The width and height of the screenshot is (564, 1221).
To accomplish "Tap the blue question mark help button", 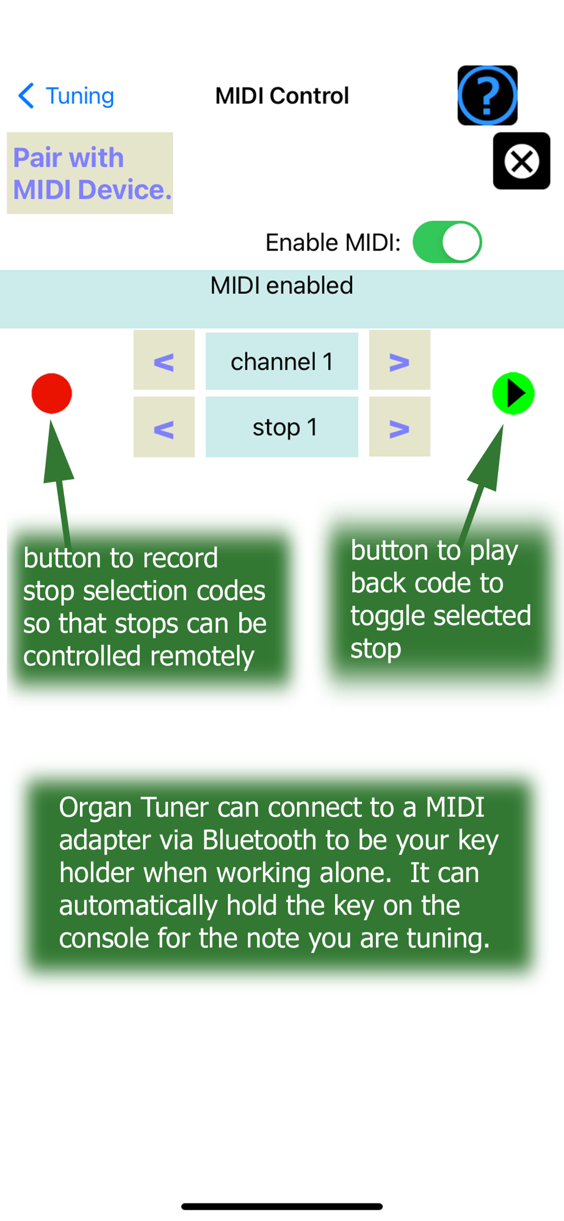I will tap(487, 95).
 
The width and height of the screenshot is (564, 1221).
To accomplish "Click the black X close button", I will tap(521, 161).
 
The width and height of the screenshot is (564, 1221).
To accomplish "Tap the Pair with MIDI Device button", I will tap(90, 173).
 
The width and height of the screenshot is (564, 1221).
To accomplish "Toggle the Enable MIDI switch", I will tap(447, 242).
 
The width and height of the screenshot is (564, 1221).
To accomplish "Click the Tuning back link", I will tap(67, 96).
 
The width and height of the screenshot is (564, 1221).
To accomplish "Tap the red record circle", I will tap(52, 393).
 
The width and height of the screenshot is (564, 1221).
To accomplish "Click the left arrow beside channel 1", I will tap(164, 361).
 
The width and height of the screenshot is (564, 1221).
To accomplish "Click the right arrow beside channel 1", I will tap(399, 361).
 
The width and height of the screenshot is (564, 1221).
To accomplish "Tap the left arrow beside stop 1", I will tap(164, 428).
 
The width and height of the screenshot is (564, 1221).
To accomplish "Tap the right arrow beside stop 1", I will tap(399, 428).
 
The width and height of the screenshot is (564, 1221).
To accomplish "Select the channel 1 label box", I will tap(281, 361).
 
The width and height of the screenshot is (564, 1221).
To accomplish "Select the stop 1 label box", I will tap(281, 427).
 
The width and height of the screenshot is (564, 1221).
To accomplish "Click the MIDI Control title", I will tap(282, 96).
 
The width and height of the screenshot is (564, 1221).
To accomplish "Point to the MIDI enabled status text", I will tap(281, 286).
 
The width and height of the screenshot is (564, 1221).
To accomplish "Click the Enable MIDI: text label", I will tap(333, 243).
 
